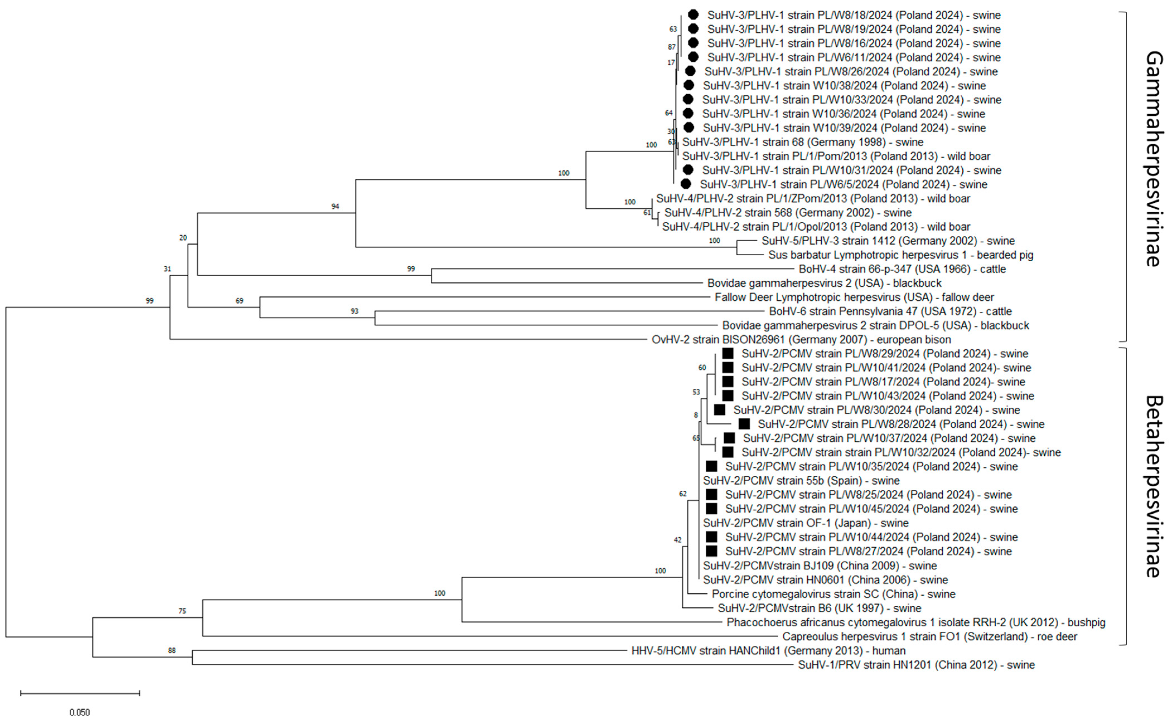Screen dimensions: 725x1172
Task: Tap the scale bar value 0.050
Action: click(79, 712)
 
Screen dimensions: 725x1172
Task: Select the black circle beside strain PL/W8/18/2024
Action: click(693, 15)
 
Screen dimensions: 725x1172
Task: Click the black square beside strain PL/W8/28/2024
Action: click(744, 424)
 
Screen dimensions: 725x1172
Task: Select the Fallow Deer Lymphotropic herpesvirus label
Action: click(854, 297)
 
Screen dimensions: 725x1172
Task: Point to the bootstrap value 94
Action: click(335, 206)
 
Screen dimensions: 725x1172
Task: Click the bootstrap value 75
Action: click(182, 611)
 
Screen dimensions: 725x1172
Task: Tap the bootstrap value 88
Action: click(172, 651)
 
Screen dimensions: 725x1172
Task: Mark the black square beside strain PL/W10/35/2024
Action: click(712, 466)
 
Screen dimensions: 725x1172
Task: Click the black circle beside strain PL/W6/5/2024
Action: click(686, 184)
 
